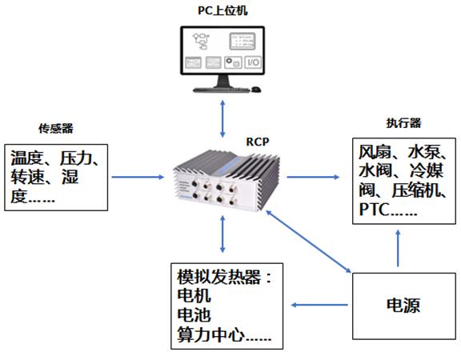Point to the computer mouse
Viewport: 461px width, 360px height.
[255, 89]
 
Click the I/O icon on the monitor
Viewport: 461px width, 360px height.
[250, 62]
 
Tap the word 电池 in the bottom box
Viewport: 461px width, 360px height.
[193, 316]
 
